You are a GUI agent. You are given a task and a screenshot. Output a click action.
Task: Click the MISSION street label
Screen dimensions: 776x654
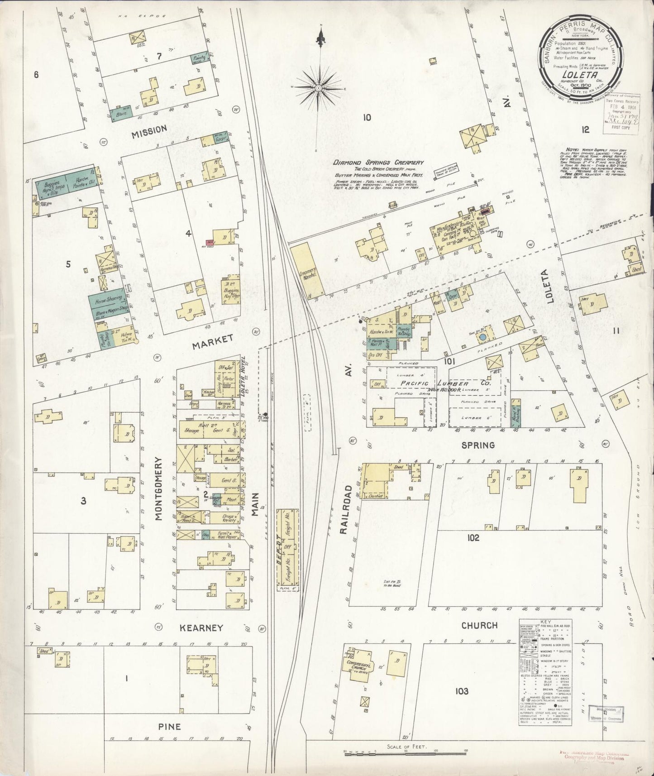(149, 129)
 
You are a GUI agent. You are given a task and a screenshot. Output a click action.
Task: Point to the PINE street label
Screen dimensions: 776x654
(169, 726)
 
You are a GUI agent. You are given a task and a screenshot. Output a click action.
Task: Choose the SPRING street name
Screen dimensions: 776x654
(478, 445)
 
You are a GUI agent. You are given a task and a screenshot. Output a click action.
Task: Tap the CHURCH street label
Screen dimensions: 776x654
(479, 625)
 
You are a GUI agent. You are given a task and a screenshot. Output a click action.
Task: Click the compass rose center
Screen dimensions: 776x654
(319, 87)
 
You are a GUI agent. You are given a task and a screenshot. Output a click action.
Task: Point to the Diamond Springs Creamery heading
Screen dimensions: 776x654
(378, 163)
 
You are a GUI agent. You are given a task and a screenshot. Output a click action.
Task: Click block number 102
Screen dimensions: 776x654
(473, 538)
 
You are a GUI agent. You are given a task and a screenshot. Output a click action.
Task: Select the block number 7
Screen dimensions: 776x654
(159, 57)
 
